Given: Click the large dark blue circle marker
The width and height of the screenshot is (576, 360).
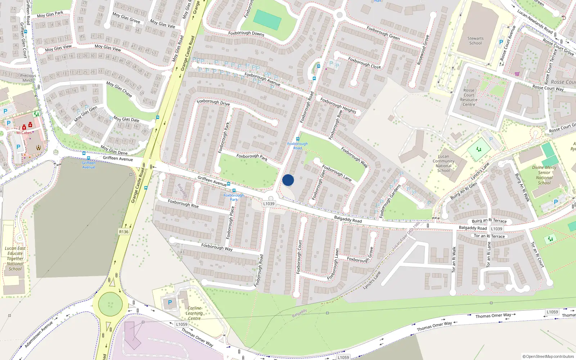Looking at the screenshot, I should pos(288,180).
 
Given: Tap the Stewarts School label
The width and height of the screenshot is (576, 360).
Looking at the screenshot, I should pos(475,41).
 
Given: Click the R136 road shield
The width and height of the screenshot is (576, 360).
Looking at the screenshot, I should pos(123,232).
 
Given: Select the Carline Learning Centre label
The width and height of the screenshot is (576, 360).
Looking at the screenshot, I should pos(194,313).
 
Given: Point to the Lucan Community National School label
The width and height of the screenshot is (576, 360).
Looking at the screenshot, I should pos(444,163).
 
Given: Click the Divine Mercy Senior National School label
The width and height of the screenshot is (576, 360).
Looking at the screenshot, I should pos(544,175).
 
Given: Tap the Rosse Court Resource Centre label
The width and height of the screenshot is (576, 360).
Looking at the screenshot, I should pos(469,98).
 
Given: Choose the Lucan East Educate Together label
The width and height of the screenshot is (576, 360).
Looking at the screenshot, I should pos(15,258).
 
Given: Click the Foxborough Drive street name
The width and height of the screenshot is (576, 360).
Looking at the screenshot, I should pos(213,102).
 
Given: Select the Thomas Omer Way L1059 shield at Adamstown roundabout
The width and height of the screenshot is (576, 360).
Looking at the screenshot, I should pos(181,324).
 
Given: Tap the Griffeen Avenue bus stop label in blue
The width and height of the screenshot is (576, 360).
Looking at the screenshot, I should pos(89,165).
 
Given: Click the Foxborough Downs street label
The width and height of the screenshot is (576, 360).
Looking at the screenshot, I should pos(246,33).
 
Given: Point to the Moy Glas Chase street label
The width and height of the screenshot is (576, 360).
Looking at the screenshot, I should pos(119,89).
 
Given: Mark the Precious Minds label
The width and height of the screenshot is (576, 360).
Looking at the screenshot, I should pos(28,78).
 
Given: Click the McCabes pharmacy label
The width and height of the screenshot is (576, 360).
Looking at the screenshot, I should pos(24,133).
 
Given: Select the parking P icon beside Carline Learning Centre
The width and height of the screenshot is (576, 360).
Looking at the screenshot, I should pos(170,302).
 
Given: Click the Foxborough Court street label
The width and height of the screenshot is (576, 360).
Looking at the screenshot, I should pos(299,257).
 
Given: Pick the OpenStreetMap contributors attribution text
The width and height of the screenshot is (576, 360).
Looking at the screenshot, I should pos(548,356).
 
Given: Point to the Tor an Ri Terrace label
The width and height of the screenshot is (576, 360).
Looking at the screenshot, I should pos(489,236).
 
